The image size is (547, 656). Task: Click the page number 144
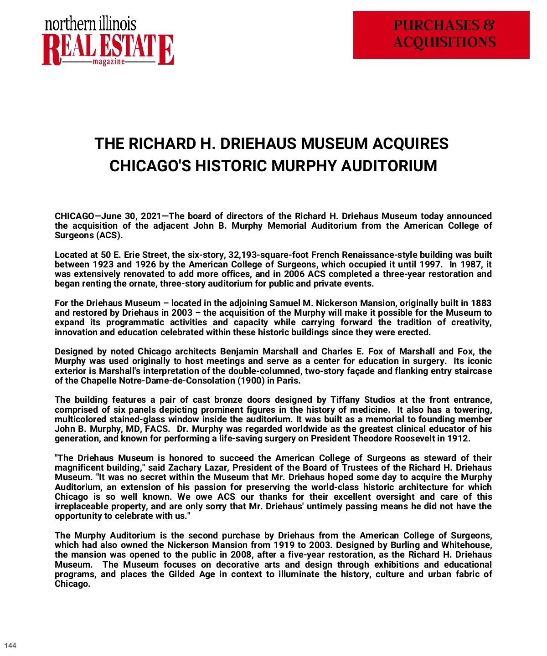[x=10, y=645]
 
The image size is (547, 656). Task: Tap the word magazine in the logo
[x=108, y=61]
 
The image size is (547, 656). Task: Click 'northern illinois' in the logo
[x=90, y=24]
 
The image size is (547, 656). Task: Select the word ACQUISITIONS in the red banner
[x=444, y=42]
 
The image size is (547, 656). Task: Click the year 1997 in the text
[x=430, y=264]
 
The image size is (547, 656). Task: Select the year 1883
[x=481, y=303]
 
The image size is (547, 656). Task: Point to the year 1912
[x=458, y=438]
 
